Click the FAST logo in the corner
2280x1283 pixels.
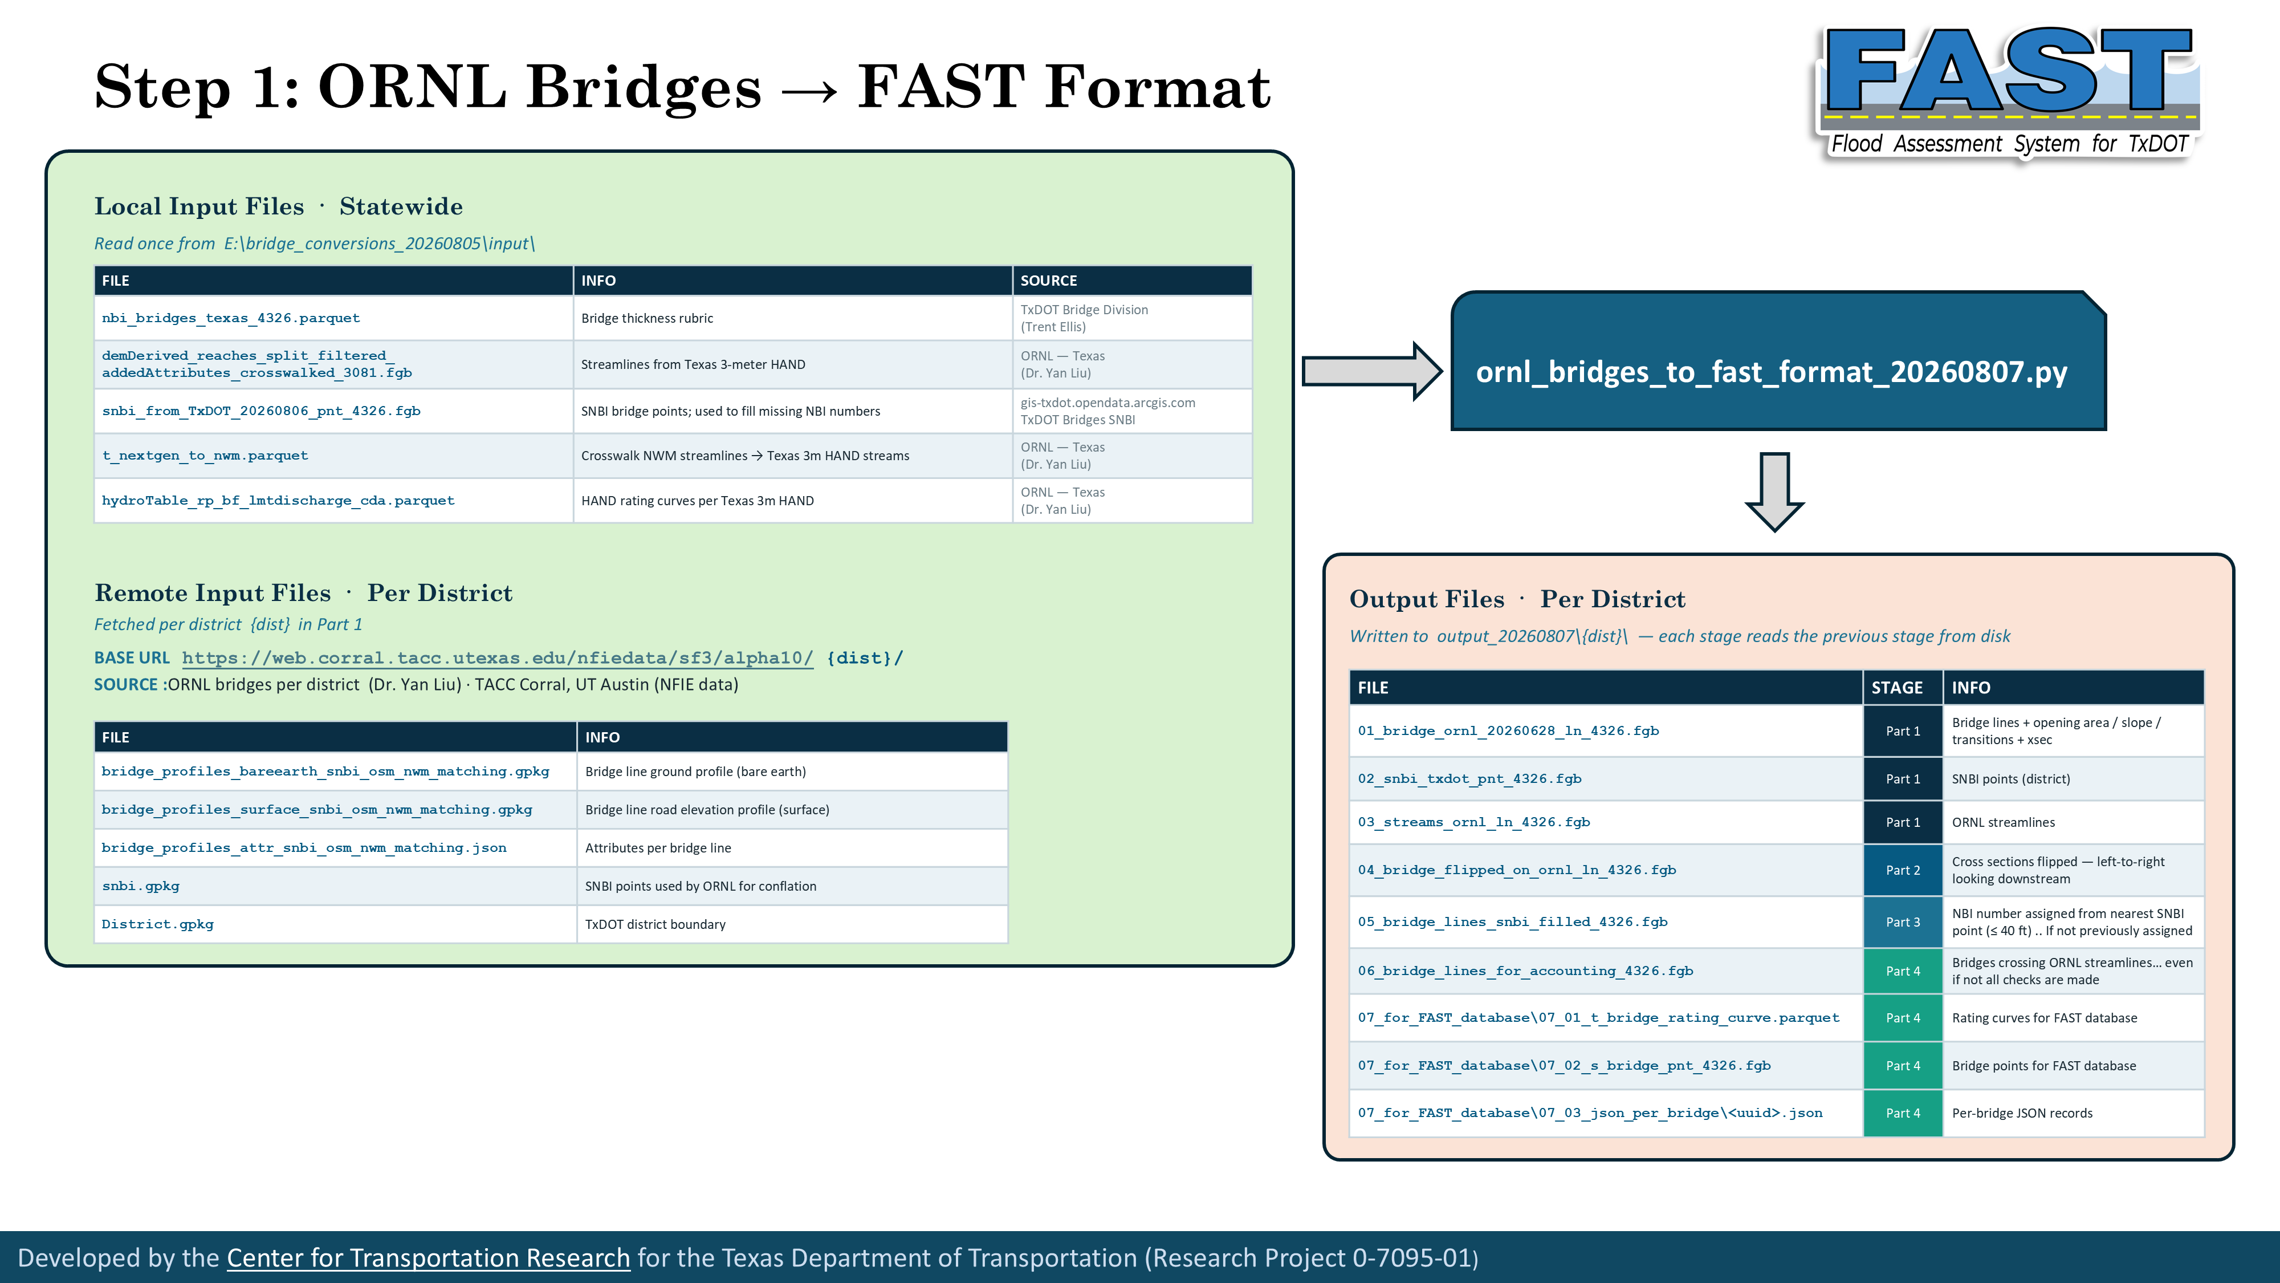point(2008,93)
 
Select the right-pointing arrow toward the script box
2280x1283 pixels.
point(1372,371)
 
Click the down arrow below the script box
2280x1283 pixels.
point(1774,492)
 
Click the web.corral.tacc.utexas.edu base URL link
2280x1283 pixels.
point(498,658)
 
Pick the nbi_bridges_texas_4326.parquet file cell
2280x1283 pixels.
point(333,318)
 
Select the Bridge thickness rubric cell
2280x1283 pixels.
point(793,318)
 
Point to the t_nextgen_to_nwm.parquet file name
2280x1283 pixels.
point(205,455)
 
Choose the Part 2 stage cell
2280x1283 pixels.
point(1903,870)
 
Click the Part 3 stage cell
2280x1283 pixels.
point(1903,921)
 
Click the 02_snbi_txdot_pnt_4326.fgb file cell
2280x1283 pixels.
point(1606,779)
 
